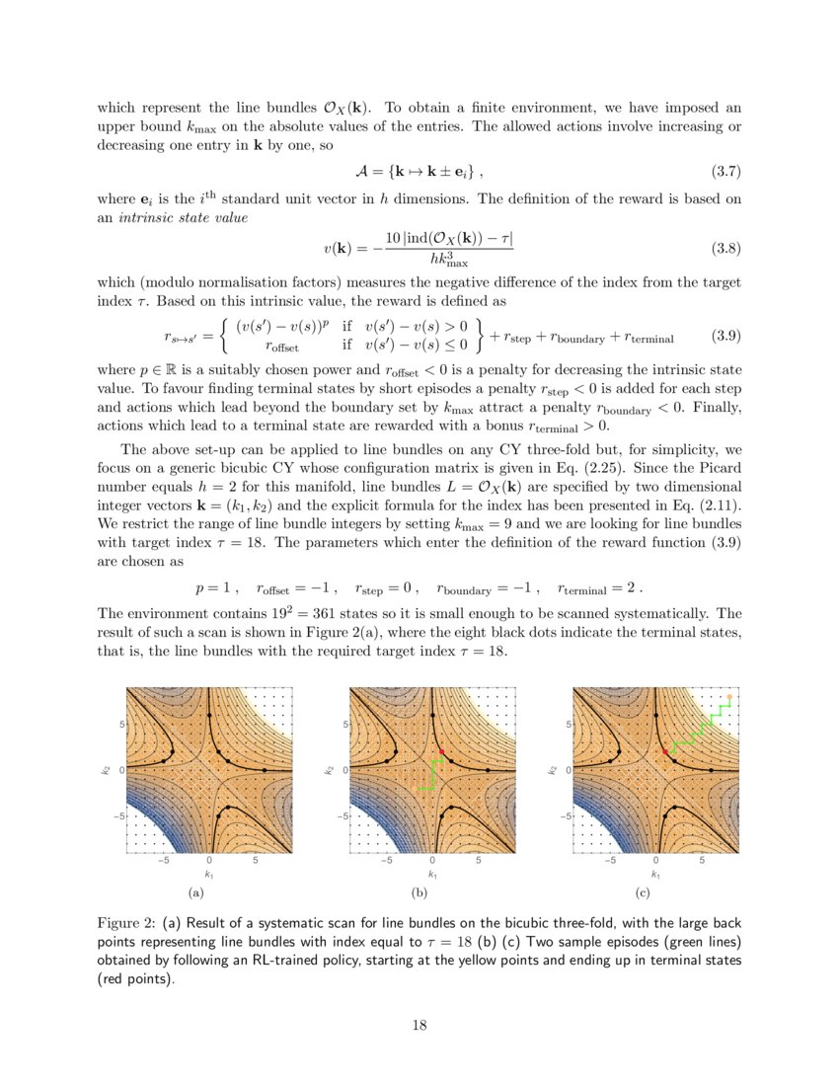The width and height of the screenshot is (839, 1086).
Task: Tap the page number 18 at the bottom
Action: pyautogui.click(x=419, y=1025)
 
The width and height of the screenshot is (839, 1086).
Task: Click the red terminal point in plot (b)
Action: pyautogui.click(x=441, y=752)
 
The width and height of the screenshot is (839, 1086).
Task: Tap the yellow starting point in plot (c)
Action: pyautogui.click(x=729, y=697)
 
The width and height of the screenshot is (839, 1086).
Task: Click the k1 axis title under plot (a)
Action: pyautogui.click(x=209, y=875)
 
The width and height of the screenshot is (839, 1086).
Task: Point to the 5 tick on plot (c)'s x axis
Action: pyautogui.click(x=702, y=861)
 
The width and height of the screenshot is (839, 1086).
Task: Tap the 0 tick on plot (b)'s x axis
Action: pyautogui.click(x=432, y=861)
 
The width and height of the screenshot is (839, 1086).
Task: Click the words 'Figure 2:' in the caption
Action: pyautogui.click(x=126, y=923)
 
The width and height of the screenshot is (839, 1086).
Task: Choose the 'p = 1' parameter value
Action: pyautogui.click(x=214, y=586)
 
